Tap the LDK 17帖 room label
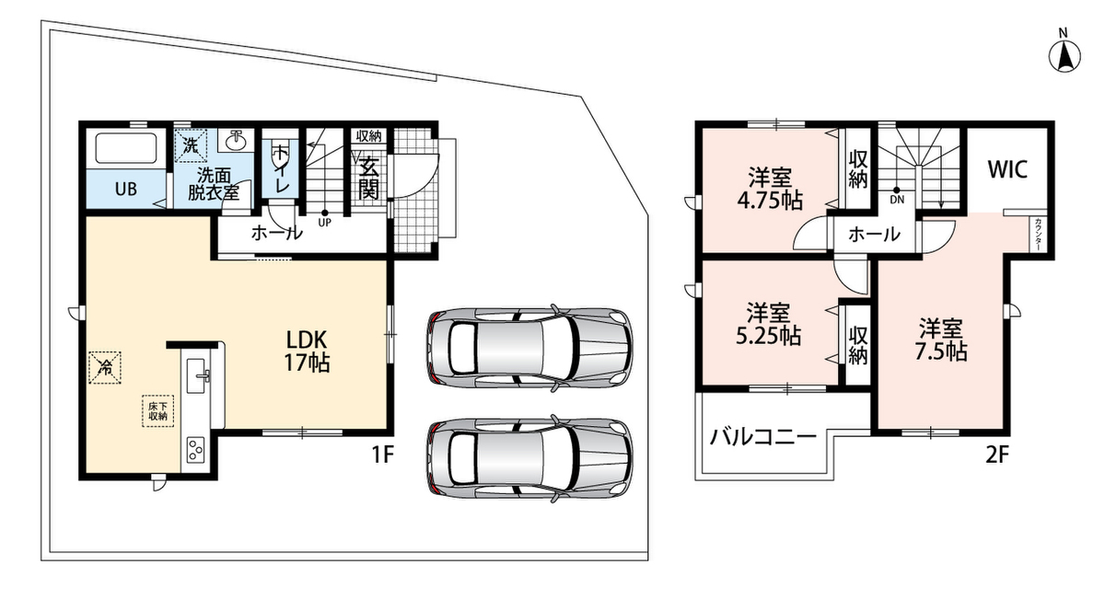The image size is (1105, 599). [307, 351]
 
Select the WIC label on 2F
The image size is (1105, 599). [1007, 169]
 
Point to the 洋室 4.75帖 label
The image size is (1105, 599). [770, 189]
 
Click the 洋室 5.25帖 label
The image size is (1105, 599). [768, 324]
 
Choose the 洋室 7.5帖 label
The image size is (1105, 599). [940, 340]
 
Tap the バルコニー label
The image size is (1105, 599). [762, 437]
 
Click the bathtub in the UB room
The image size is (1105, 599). [126, 148]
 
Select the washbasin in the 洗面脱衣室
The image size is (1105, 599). [237, 140]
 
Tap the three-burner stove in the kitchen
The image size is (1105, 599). [196, 450]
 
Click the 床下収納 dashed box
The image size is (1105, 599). [157, 410]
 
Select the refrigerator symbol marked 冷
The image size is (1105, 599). [105, 367]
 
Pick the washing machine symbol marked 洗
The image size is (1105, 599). [191, 145]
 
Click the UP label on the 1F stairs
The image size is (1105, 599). [324, 223]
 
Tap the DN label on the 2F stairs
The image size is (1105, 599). [897, 199]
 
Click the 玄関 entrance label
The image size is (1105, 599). [368, 178]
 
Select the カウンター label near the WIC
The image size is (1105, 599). [1039, 234]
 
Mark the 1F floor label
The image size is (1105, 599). [383, 455]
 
